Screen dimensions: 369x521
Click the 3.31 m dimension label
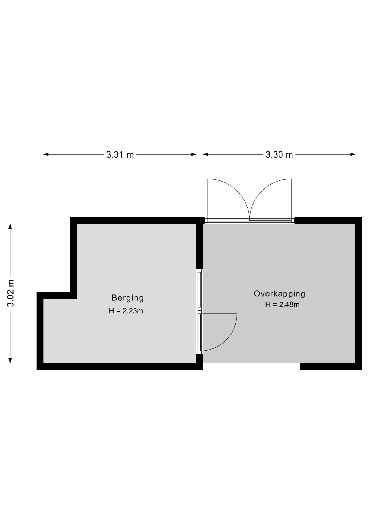tap(120, 155)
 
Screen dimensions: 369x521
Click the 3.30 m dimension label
tap(279, 155)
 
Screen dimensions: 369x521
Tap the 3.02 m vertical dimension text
tap(10, 293)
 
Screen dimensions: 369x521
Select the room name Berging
tap(128, 298)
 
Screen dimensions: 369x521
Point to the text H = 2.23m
tap(126, 311)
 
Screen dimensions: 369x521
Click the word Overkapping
tap(279, 294)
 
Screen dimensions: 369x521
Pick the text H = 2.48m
tap(282, 305)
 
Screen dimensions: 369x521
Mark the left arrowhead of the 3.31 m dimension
tap(46, 154)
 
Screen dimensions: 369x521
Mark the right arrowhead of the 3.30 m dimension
tap(353, 154)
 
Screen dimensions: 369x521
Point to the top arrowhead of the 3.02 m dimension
tap(10, 226)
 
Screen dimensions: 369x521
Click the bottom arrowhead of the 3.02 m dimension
tap(10, 360)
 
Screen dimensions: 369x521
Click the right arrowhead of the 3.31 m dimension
tap(194, 154)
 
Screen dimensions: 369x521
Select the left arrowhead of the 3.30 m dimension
tap(205, 154)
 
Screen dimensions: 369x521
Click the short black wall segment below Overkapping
tap(331, 366)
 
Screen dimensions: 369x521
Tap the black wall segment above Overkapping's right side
tap(328, 220)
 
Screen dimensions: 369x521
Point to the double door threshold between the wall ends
tap(249, 221)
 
